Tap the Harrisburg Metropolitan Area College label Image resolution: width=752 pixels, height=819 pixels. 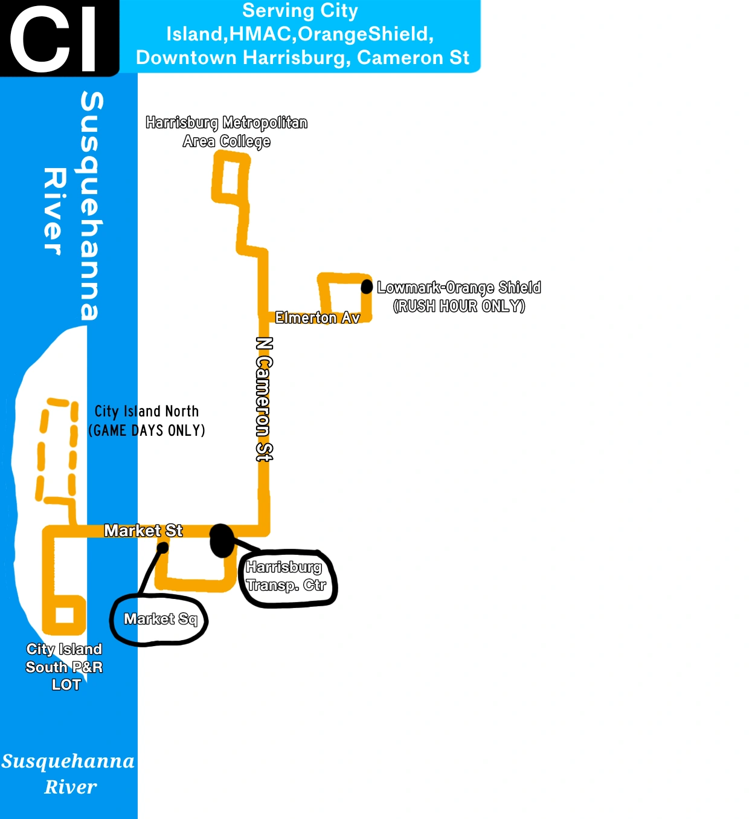[227, 132]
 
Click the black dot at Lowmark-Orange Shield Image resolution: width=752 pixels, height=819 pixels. [367, 287]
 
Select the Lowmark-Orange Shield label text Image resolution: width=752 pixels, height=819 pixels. [458, 288]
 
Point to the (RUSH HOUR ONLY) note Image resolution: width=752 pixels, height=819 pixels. [458, 306]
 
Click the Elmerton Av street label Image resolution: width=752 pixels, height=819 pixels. [317, 318]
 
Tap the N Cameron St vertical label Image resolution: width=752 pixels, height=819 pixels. [264, 399]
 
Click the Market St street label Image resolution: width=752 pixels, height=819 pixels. [143, 531]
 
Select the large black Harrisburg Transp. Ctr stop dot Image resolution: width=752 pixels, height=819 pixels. [222, 540]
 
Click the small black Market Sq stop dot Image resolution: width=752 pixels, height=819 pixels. [162, 548]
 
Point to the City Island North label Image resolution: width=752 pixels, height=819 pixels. [147, 412]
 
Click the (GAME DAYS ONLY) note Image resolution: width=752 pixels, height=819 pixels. [147, 431]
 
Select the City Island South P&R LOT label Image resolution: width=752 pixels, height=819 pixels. [64, 667]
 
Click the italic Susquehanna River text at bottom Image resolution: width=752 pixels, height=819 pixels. [68, 774]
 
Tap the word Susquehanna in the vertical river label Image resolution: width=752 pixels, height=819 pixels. [92, 206]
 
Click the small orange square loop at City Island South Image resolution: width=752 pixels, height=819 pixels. [65, 615]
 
